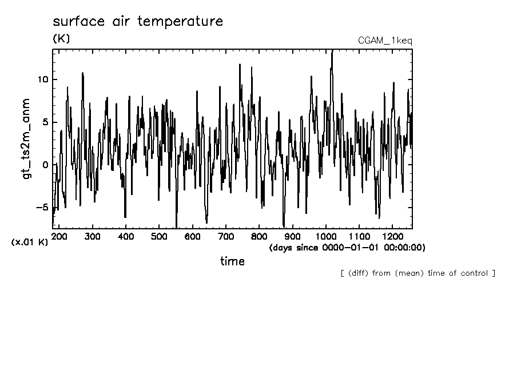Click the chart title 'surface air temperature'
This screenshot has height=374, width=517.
[x=137, y=22]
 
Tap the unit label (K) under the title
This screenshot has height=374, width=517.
[x=61, y=39]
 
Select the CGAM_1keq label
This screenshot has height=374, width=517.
[x=385, y=41]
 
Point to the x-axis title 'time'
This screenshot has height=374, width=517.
[x=233, y=261]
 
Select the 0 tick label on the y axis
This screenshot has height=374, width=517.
[x=45, y=165]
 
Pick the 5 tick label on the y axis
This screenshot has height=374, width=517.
[x=45, y=122]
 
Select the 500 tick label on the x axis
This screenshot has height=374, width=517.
[x=160, y=236]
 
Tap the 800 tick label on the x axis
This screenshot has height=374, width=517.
[x=259, y=236]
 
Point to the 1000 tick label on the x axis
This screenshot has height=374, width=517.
[x=325, y=236]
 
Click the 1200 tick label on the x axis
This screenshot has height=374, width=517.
[x=392, y=236]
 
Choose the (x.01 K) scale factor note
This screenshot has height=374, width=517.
[x=30, y=242]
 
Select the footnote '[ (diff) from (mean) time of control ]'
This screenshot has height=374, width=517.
[x=417, y=273]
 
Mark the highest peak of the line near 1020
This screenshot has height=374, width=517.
[x=332, y=51]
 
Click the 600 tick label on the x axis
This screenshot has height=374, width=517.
[x=193, y=236]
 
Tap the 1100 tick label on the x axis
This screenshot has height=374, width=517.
[x=359, y=236]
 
